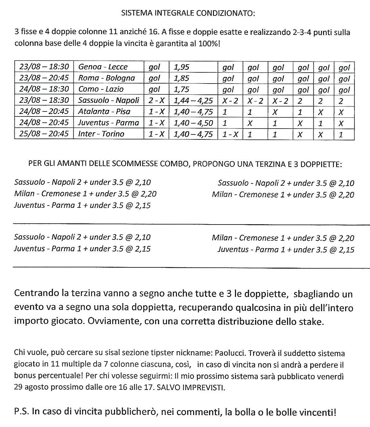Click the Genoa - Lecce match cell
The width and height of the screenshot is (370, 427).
tap(103, 67)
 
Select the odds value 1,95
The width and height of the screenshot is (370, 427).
tap(182, 67)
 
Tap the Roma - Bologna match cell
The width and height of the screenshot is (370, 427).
tap(106, 78)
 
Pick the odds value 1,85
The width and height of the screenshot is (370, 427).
tap(182, 78)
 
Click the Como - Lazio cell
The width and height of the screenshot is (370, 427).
tap(101, 89)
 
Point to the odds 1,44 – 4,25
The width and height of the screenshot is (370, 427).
tap(193, 100)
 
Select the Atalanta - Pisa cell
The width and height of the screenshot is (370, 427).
tap(104, 111)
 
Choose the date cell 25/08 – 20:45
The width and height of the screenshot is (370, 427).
tap(44, 134)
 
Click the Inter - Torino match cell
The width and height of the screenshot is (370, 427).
tap(101, 134)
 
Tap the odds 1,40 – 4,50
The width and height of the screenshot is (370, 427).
tap(193, 123)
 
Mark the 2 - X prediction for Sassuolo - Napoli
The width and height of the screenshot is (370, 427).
tap(156, 100)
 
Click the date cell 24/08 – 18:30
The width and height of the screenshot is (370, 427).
tap(44, 89)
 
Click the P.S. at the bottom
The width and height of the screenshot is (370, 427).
tap(21, 412)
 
